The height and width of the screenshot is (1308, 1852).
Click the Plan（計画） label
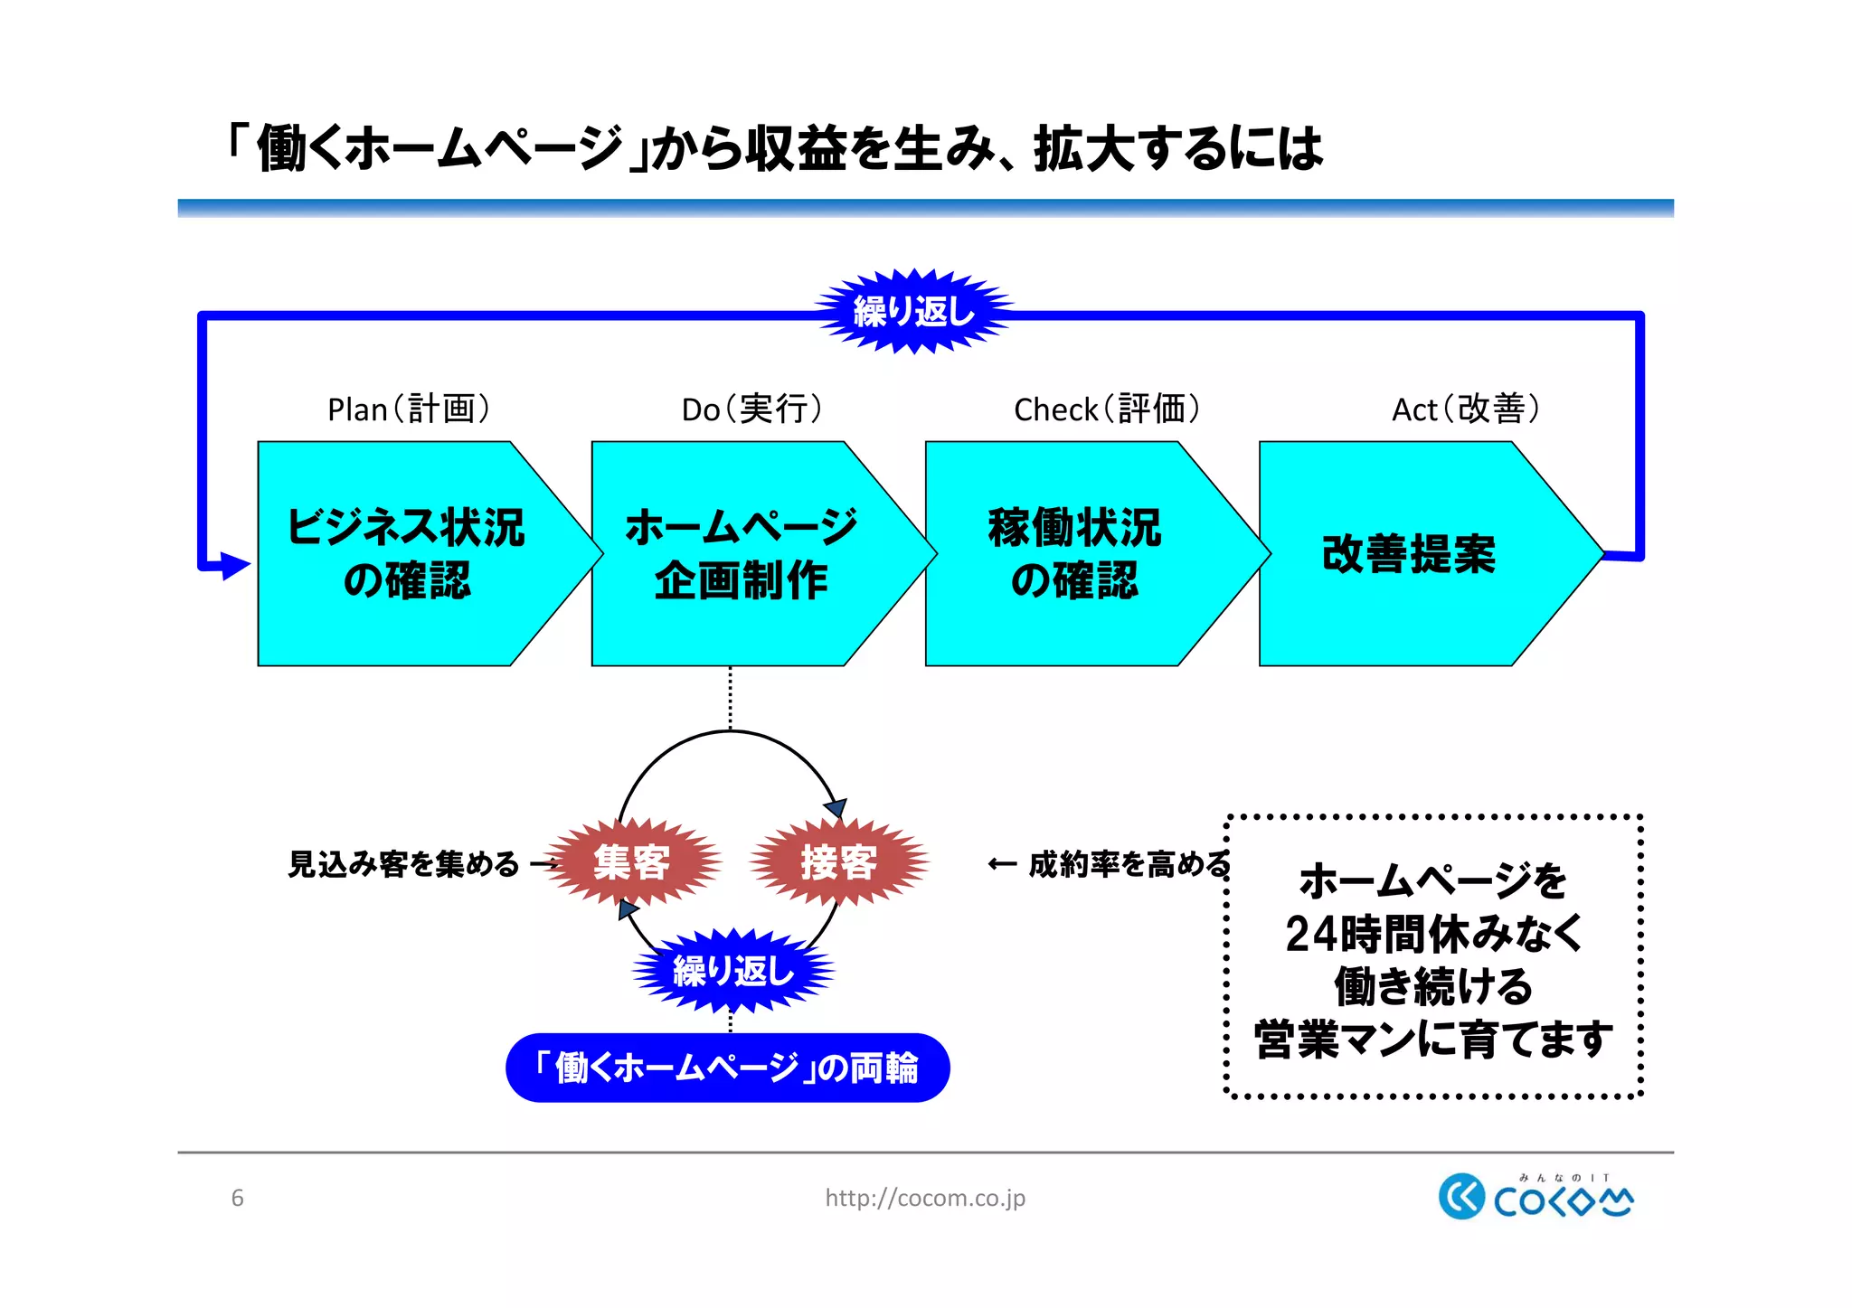[409, 409]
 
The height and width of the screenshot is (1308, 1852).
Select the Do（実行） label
[751, 409]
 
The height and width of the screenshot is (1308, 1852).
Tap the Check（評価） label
[1107, 409]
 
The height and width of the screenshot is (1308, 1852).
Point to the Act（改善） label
[1466, 409]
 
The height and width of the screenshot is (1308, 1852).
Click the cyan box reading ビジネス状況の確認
[407, 553]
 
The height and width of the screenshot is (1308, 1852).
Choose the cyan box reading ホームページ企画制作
[741, 553]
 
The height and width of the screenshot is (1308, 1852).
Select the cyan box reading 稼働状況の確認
[1074, 553]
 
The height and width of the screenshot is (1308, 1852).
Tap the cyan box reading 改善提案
[1408, 553]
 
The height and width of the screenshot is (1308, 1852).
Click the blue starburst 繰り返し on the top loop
[914, 312]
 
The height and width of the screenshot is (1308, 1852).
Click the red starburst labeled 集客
[632, 862]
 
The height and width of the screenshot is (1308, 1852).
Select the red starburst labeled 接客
[839, 862]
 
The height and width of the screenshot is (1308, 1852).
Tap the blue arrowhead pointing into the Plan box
[234, 566]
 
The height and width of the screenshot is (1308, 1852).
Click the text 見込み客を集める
[403, 864]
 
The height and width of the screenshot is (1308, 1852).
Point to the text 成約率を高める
[1129, 864]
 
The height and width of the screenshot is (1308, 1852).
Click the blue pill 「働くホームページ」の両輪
[727, 1068]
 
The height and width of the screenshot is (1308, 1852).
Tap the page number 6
[237, 1198]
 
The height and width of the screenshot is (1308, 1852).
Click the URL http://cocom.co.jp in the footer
[925, 1198]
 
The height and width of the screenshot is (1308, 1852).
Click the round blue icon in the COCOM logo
[1460, 1197]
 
